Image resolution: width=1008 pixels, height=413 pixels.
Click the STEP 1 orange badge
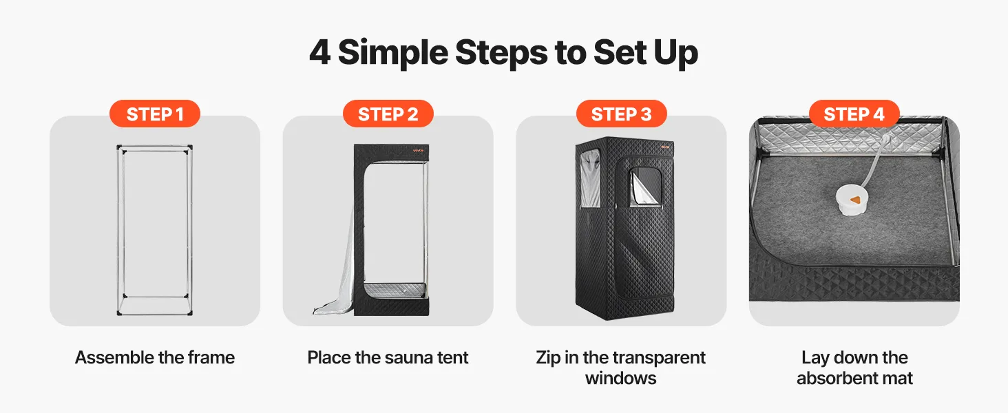[155, 114]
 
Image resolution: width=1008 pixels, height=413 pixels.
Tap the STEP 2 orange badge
[388, 114]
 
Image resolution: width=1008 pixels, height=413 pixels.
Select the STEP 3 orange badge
[622, 114]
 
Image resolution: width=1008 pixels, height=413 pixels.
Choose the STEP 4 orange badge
[854, 114]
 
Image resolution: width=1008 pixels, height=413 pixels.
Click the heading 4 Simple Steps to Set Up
[503, 53]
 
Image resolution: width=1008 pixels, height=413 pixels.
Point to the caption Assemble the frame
[155, 358]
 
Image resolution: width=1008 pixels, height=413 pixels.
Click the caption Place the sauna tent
[388, 358]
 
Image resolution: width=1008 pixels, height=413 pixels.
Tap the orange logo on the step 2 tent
[419, 151]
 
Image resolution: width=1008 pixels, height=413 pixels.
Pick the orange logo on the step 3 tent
[665, 147]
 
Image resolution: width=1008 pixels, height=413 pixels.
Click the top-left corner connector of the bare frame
[119, 147]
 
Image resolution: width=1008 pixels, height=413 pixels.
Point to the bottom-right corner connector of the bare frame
[190, 313]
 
